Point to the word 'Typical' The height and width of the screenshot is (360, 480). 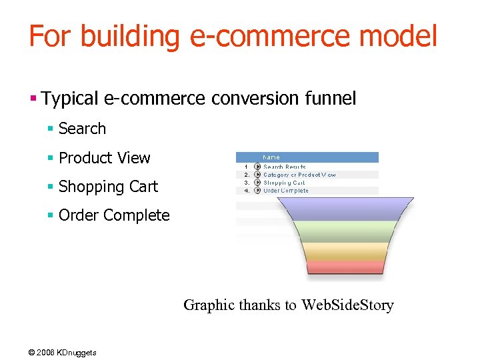(71, 99)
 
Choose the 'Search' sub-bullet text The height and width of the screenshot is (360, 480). (82, 129)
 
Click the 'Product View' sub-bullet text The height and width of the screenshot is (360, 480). (105, 158)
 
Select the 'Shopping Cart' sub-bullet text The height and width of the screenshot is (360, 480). (108, 187)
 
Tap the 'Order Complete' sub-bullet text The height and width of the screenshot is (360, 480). (114, 215)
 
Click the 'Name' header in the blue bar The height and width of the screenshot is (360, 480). (271, 157)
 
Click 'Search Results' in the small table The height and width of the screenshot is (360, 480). (285, 167)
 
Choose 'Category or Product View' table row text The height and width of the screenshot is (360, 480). (299, 175)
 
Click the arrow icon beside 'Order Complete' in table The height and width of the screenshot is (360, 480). (257, 191)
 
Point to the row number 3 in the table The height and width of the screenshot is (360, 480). (247, 183)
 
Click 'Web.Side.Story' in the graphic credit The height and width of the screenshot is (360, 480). (347, 305)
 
